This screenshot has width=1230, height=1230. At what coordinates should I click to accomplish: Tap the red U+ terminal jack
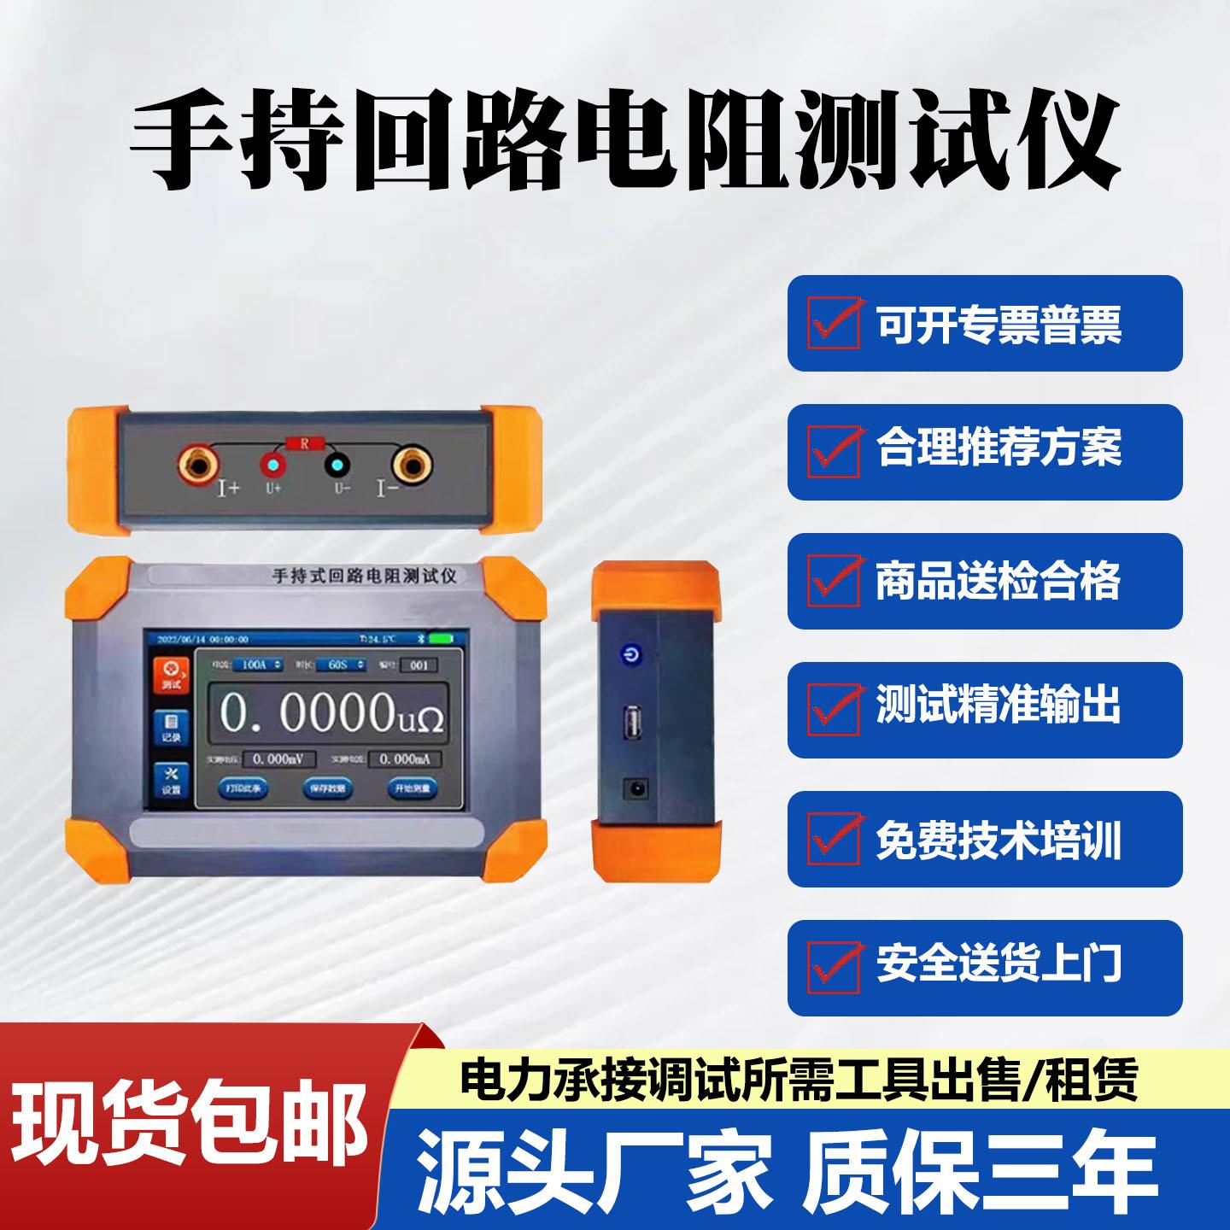pyautogui.click(x=273, y=466)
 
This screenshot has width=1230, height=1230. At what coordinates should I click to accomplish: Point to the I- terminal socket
pyautogui.click(x=413, y=466)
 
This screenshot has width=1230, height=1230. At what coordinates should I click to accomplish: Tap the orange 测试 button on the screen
pyautogui.click(x=171, y=675)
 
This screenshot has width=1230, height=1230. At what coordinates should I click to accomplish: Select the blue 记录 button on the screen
pyautogui.click(x=171, y=727)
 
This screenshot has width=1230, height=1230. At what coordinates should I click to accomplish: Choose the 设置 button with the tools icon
pyautogui.click(x=171, y=780)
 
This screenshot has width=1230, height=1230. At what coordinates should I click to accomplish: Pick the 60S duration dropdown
pyautogui.click(x=342, y=665)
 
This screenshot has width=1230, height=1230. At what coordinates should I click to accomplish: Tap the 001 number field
pyautogui.click(x=419, y=665)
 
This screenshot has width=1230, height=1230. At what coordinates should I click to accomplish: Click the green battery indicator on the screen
pyautogui.click(x=442, y=638)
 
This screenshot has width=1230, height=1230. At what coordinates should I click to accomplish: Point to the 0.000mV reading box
pyautogui.click(x=280, y=758)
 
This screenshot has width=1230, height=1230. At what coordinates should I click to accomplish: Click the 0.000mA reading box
pyautogui.click(x=404, y=758)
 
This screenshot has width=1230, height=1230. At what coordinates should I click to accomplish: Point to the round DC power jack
pyautogui.click(x=634, y=789)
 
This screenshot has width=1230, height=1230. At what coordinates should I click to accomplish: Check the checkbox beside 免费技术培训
pyautogui.click(x=834, y=839)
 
